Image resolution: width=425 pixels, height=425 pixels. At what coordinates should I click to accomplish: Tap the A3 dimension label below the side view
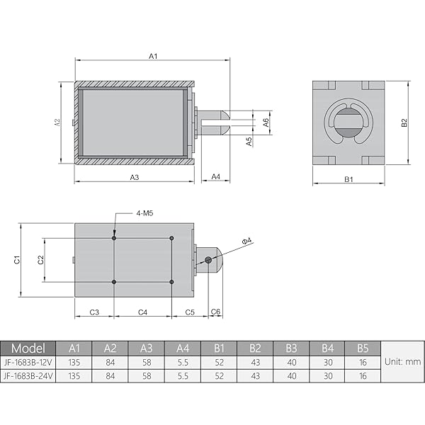134,176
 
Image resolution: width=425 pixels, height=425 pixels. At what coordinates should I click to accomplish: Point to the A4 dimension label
216,176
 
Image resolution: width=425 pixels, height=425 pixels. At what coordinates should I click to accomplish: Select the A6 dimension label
266,121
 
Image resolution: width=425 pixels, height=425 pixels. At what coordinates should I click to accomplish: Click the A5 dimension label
249,141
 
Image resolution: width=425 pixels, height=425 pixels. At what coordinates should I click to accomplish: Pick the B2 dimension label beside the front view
404,123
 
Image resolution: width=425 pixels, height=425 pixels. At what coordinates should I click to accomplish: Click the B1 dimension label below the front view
348,180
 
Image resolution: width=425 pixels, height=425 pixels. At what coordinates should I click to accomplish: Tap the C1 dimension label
17,260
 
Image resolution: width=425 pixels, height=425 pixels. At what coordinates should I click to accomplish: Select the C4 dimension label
142,312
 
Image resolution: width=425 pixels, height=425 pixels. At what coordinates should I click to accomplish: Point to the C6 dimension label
216,312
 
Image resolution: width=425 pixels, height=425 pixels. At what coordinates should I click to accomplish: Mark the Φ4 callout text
247,242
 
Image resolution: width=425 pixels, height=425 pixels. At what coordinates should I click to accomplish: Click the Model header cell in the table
28,348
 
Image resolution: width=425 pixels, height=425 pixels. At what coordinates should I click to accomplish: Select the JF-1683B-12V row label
28,362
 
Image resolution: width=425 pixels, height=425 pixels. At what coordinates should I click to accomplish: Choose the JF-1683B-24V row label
28,375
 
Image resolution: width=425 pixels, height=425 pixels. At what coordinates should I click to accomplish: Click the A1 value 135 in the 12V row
74,362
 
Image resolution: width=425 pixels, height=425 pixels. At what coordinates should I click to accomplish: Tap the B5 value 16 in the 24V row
363,375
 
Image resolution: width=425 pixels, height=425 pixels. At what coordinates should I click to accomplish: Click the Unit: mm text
402,362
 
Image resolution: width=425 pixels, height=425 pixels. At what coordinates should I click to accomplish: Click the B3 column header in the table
290,348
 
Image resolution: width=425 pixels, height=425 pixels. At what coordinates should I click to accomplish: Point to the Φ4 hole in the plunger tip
208,260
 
